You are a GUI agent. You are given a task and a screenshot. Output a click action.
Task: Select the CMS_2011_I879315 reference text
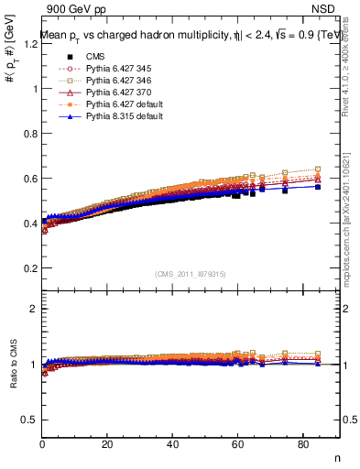[x=190, y=274]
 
